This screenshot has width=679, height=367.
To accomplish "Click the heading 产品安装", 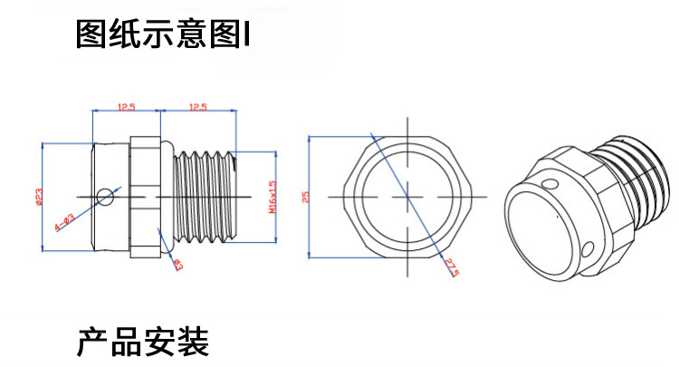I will [x=143, y=343].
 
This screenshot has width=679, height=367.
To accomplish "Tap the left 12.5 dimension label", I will [x=126, y=107].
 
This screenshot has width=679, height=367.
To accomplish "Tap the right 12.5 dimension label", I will [x=197, y=107].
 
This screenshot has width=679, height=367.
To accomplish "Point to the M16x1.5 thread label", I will [x=271, y=195].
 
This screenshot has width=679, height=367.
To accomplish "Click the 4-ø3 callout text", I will [x=65, y=220].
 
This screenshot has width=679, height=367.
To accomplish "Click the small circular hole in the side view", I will [x=107, y=196].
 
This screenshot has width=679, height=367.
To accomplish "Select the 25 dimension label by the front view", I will [x=305, y=197].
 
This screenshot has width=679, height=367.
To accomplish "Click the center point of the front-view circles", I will [x=408, y=196].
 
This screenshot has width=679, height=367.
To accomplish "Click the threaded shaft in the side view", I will [x=204, y=195].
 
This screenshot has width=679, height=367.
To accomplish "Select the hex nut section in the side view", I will [x=145, y=195].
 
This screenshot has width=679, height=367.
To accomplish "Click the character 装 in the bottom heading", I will [x=193, y=343].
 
